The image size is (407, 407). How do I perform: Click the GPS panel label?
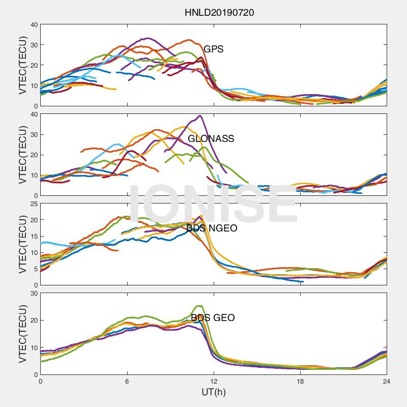point(213,49)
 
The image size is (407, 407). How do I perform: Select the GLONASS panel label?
point(211,138)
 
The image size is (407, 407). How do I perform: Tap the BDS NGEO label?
point(212,228)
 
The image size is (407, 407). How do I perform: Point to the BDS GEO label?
point(213,318)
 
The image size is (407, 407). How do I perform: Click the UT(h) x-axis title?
point(213,393)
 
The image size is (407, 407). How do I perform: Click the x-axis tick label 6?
point(127,381)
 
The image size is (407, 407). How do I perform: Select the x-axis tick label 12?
point(214,381)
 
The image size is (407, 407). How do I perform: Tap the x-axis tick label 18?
point(300,381)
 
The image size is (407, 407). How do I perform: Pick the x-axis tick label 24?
point(387,381)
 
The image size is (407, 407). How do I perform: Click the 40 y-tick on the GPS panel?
point(34,24)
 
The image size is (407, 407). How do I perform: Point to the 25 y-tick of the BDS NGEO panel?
point(34,204)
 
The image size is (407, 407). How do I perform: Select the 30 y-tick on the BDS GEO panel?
point(34,294)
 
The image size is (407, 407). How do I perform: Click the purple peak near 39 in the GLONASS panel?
point(200,115)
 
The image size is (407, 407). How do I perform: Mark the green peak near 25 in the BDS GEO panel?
point(199,306)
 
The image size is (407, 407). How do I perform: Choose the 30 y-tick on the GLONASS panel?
point(34,134)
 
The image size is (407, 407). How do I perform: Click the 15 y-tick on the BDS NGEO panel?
point(34,237)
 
